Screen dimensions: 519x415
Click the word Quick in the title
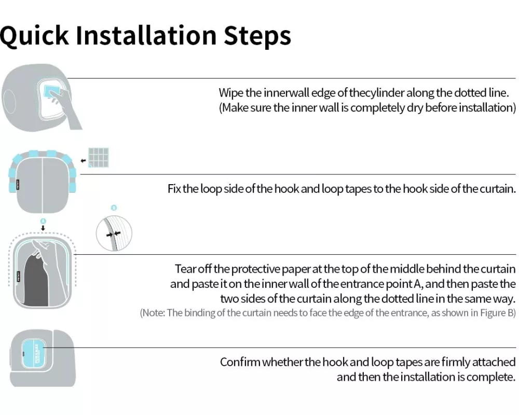34,36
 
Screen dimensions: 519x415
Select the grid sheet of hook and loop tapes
98,158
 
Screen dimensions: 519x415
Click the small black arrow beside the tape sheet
83,161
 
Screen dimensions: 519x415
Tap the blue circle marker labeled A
43,221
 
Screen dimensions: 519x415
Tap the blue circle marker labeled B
114,208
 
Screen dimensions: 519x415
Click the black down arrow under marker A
43,228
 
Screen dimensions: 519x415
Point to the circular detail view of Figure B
114,233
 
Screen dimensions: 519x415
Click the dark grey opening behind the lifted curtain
36,280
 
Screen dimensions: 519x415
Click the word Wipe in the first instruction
231,93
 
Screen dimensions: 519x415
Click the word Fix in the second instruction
174,189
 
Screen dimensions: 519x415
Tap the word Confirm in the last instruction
241,362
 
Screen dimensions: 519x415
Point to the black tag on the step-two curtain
18,185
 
